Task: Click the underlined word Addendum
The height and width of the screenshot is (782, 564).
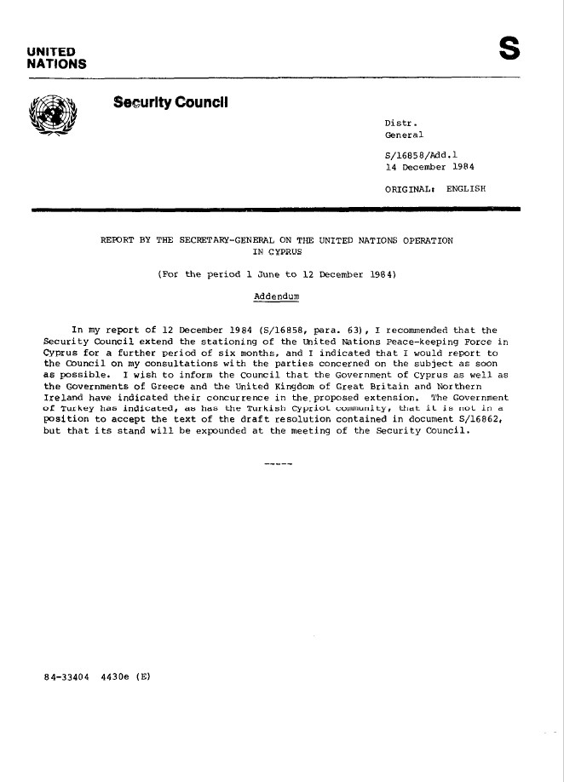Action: pos(276,296)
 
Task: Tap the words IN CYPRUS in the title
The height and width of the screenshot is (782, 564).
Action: pos(275,251)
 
